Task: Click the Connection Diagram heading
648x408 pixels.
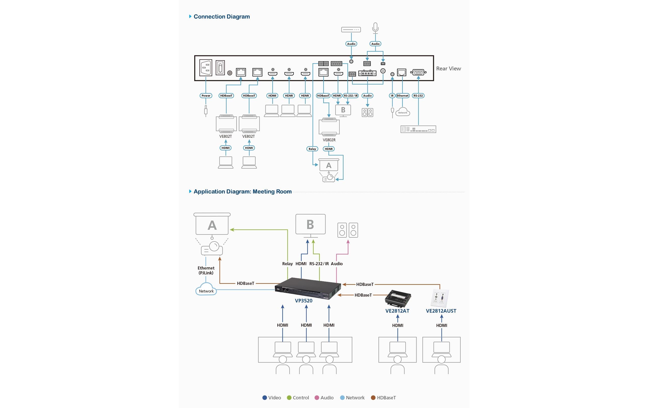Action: pos(222,17)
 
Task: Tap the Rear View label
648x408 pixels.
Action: pos(448,69)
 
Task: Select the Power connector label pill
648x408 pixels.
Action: pos(206,96)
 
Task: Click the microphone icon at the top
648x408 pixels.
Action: pos(375,28)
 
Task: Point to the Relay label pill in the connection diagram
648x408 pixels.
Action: pos(312,149)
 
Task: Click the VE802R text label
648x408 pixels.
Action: pos(329,140)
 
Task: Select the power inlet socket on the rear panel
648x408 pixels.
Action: pos(206,68)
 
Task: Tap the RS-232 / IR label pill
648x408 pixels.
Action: pos(351,96)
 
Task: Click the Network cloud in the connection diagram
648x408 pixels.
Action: pos(403,112)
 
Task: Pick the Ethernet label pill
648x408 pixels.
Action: pos(402,96)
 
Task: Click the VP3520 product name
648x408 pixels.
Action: pos(304,301)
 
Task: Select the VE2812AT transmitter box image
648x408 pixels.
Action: pos(398,298)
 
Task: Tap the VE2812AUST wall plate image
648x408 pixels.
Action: pos(440,298)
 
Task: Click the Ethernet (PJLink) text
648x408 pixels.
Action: pos(206,270)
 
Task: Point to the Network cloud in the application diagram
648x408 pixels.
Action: pos(206,290)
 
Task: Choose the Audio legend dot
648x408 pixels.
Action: pos(317,398)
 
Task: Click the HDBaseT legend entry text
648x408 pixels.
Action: pos(386,398)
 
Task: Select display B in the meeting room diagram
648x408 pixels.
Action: pos(310,224)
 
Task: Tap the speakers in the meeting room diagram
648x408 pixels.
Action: pos(348,230)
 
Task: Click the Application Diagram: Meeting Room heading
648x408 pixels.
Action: pos(242,192)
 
